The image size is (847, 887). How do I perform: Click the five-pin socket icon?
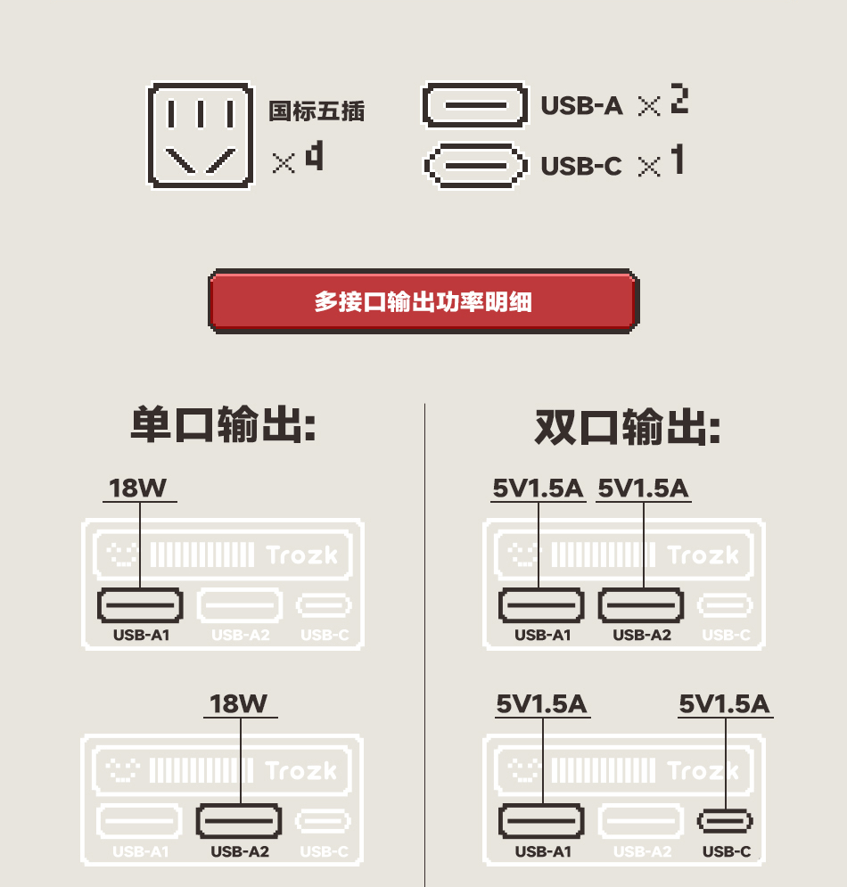click(x=200, y=136)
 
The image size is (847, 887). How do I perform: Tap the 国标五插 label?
click(x=317, y=111)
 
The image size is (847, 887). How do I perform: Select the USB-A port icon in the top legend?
click(x=473, y=106)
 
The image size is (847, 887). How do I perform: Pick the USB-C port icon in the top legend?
click(x=473, y=166)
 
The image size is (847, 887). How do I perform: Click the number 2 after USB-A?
click(x=679, y=100)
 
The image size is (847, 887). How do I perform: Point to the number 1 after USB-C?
click(x=678, y=160)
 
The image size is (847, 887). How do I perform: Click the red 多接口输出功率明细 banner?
click(x=423, y=301)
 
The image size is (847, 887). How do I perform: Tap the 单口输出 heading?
click(x=223, y=425)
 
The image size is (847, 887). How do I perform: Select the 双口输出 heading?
click(x=628, y=427)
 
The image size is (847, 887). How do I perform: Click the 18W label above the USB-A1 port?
click(x=138, y=489)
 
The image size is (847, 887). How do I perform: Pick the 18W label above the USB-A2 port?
click(x=239, y=704)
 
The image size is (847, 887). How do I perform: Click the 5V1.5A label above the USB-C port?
click(x=724, y=704)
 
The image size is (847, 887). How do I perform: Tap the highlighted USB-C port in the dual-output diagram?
click(x=725, y=820)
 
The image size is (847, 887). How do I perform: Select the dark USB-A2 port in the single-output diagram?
click(x=239, y=820)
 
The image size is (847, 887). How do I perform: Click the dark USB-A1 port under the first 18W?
click(x=140, y=605)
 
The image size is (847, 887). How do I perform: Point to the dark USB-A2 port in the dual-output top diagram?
click(x=641, y=605)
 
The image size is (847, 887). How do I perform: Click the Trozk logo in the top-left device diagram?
click(x=302, y=555)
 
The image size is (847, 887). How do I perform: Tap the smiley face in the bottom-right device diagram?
click(x=523, y=770)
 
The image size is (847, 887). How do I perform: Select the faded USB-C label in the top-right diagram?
click(x=726, y=636)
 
